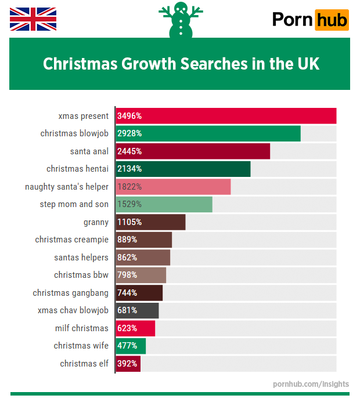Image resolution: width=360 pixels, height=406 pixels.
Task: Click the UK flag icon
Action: tap(33, 19)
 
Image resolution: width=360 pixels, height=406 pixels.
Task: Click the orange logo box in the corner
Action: tap(332, 20)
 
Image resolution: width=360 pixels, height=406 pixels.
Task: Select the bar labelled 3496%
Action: tap(226, 116)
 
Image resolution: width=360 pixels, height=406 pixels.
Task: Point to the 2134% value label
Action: tap(129, 169)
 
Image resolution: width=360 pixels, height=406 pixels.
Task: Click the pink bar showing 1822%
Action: tap(173, 187)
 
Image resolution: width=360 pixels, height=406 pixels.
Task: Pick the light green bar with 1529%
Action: tap(164, 204)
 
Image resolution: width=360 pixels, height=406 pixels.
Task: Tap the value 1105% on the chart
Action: tap(129, 222)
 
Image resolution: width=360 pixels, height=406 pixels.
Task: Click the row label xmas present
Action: tap(84, 116)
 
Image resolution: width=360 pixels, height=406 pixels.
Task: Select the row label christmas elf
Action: tap(84, 364)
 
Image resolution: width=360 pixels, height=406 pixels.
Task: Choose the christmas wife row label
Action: tap(81, 346)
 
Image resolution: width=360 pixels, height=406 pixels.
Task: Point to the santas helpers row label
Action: tap(81, 258)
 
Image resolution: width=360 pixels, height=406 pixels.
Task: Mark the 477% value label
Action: tap(127, 346)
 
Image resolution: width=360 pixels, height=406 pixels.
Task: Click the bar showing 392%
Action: tap(128, 364)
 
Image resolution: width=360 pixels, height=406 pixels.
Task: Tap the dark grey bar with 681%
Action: tap(137, 310)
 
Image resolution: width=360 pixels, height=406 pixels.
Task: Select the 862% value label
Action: tap(127, 258)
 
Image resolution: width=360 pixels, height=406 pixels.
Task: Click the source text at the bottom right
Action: tap(311, 384)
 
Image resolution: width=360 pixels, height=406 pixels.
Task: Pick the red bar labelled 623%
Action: tap(135, 328)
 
